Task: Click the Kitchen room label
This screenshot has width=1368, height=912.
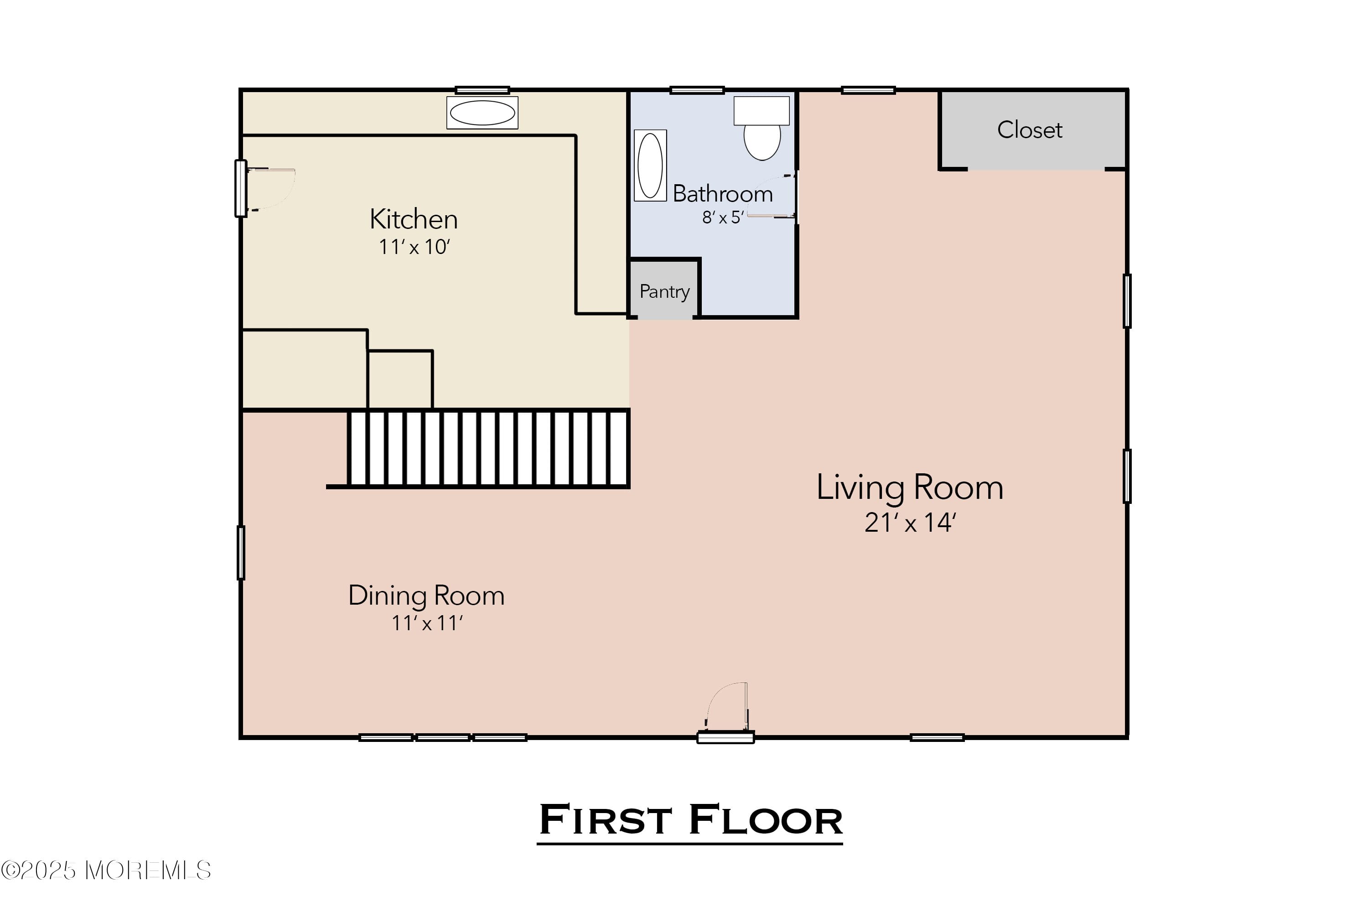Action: [414, 220]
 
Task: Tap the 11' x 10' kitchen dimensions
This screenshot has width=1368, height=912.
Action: [414, 247]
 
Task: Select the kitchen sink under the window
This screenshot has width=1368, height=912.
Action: [482, 113]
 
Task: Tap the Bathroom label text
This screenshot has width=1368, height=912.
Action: [722, 194]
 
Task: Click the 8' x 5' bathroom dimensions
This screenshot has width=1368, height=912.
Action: [722, 218]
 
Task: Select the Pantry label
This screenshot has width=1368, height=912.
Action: [664, 291]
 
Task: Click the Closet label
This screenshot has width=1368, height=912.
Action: [1030, 130]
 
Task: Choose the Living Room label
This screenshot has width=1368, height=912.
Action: [910, 487]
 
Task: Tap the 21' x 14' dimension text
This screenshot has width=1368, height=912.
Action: [910, 522]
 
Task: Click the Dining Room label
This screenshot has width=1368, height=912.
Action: [426, 596]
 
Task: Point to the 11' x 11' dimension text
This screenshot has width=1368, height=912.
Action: [426, 623]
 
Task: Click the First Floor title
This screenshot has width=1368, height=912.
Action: [690, 820]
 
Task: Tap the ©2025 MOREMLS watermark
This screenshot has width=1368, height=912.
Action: [106, 871]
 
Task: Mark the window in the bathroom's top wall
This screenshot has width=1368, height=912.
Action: [697, 90]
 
